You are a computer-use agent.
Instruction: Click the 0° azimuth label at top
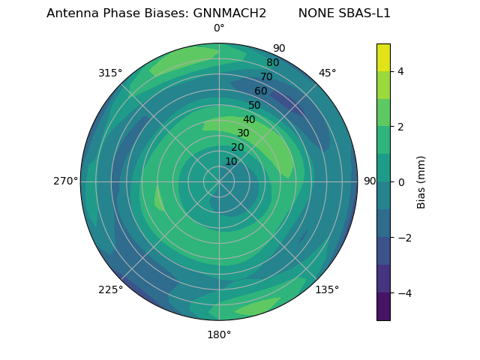click(219, 28)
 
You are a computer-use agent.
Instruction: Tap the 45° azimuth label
click(327, 73)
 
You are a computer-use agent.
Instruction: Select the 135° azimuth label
click(327, 289)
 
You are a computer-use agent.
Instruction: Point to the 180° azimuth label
click(219, 334)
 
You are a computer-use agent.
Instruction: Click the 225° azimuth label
click(110, 289)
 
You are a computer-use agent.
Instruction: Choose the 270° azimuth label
click(66, 181)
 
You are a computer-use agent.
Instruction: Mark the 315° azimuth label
click(110, 73)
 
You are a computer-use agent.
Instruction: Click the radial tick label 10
click(231, 162)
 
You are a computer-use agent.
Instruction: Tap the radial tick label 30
click(243, 133)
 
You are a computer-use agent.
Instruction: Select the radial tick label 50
click(255, 106)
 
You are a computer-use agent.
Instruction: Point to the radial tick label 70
click(266, 77)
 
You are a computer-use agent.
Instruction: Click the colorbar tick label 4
click(400, 71)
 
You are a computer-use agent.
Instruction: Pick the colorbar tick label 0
click(400, 181)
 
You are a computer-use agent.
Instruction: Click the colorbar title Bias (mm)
click(421, 181)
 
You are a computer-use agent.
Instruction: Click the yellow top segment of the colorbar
click(383, 57)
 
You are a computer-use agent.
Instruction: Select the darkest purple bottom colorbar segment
click(383, 306)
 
